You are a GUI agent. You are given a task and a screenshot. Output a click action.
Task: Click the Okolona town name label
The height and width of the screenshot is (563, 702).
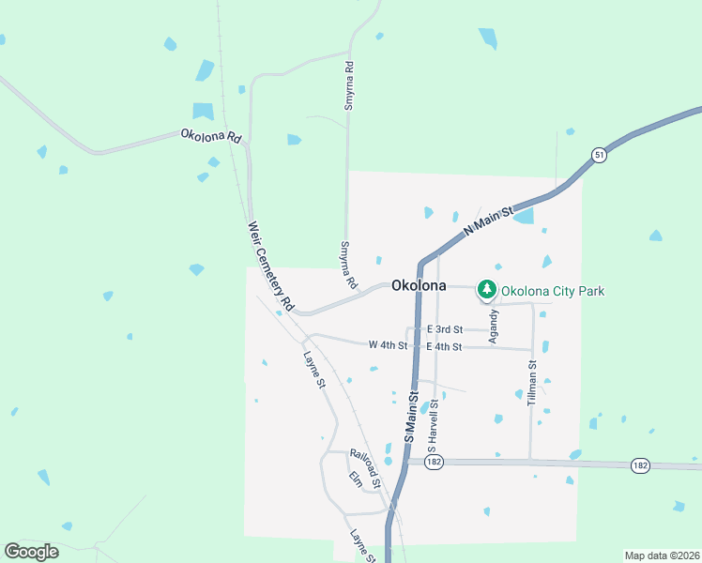click(418, 285)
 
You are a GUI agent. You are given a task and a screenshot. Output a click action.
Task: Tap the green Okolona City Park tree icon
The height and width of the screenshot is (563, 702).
click(486, 290)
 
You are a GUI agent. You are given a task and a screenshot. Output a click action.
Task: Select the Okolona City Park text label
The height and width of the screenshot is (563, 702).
click(553, 291)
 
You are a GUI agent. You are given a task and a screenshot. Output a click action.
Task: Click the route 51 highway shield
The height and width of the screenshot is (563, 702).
click(599, 155)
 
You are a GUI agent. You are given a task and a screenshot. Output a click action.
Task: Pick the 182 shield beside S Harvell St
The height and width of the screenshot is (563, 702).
click(433, 464)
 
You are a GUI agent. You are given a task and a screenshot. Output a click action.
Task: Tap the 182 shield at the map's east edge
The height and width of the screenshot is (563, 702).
click(640, 465)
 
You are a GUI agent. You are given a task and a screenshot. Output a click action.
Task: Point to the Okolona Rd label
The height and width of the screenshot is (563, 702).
click(210, 136)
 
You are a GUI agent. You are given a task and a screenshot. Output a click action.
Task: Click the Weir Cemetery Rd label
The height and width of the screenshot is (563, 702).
click(271, 266)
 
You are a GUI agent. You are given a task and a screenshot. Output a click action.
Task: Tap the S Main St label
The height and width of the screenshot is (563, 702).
click(410, 418)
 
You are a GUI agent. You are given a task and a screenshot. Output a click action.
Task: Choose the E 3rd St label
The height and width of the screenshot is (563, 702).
click(445, 329)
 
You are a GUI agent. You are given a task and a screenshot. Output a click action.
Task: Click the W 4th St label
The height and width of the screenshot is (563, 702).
click(388, 345)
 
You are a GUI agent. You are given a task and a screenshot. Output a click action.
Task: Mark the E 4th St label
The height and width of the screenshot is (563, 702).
click(444, 347)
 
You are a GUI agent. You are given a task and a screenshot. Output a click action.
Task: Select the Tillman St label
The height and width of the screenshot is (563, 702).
click(531, 383)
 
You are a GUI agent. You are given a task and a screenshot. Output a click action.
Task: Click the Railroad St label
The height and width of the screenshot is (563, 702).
click(365, 467)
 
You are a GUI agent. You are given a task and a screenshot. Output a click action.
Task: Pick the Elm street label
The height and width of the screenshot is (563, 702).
click(355, 479)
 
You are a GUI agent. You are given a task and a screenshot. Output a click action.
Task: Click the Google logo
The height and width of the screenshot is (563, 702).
click(31, 552)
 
